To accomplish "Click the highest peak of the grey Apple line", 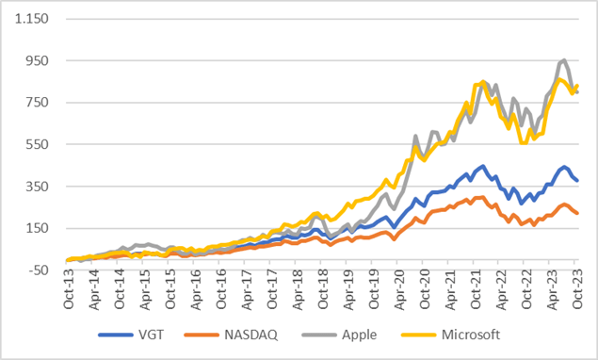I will (563, 60).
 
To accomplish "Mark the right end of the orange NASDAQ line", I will (577, 213).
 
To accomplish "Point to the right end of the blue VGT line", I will (577, 181).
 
